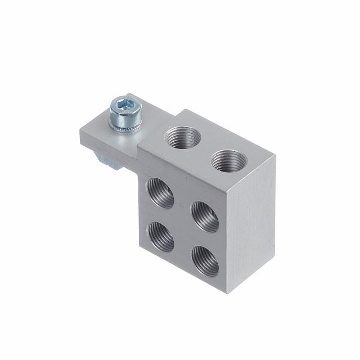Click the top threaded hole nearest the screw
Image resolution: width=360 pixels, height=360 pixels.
(182, 137)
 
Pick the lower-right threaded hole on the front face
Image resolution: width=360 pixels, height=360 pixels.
(205, 260)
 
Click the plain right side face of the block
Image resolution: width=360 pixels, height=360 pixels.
(253, 225)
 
